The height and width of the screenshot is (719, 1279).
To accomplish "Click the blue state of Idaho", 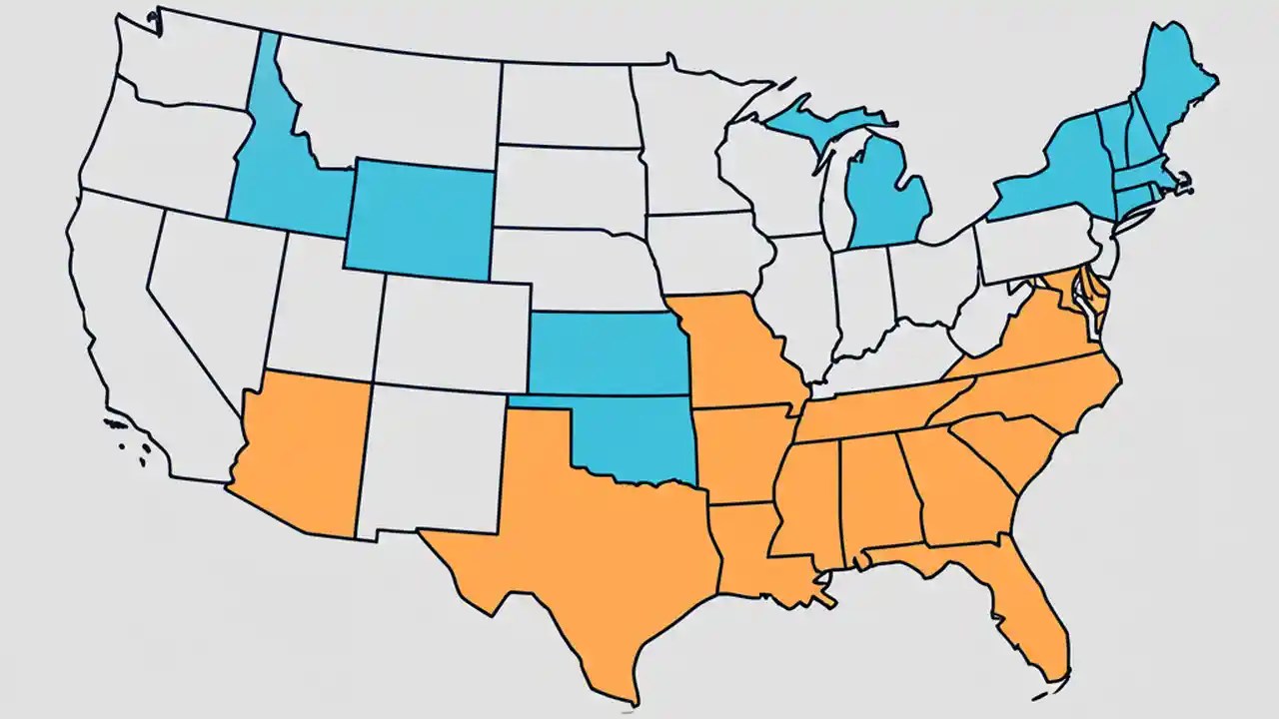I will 275,180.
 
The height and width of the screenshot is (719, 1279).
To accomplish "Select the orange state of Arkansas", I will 734,449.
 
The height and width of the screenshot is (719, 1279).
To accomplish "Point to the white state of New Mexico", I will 430,459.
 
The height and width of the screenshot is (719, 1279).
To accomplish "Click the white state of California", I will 130,330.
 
